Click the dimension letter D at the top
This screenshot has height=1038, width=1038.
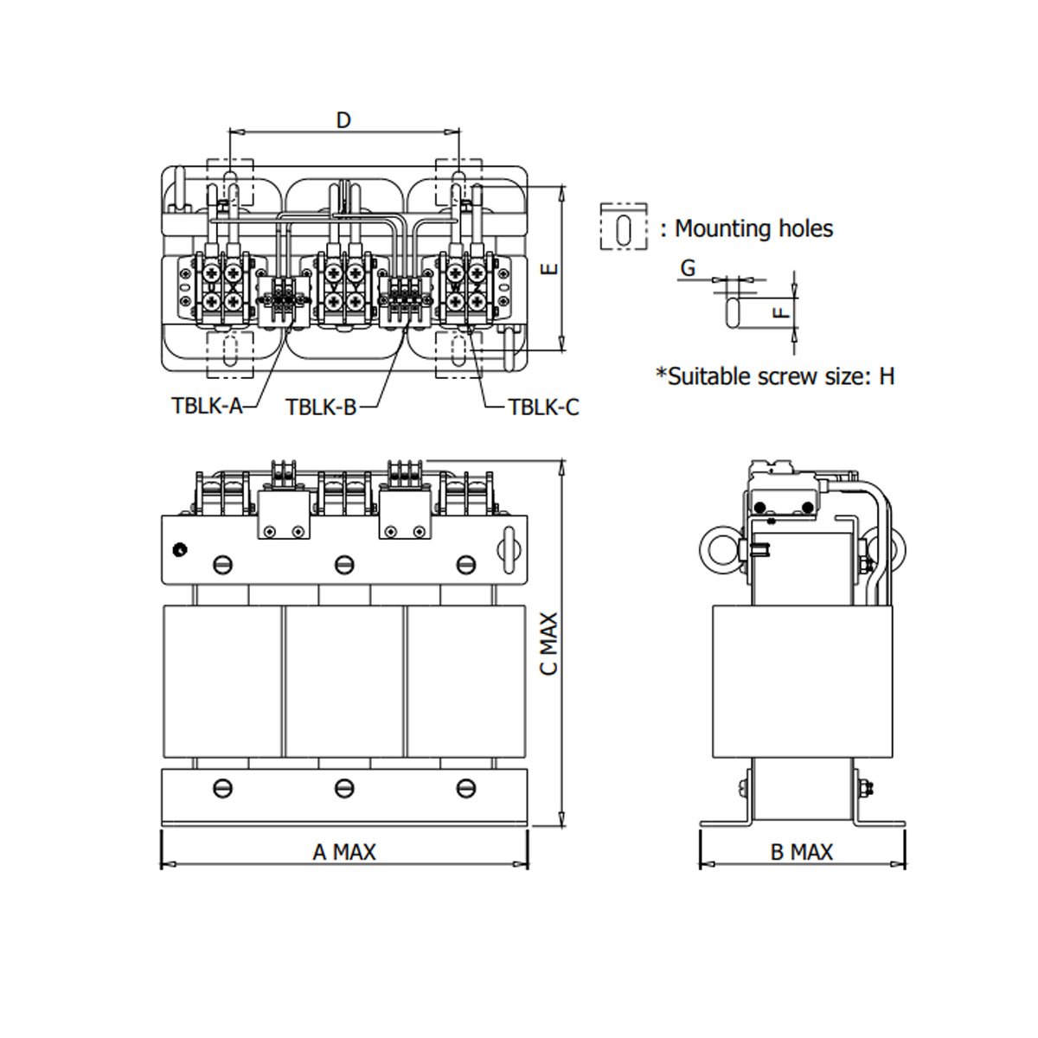[343, 119]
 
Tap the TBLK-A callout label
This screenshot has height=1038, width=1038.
[207, 406]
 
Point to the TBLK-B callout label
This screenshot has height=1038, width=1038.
[321, 407]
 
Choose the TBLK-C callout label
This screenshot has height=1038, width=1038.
[543, 407]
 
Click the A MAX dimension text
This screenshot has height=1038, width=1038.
[344, 852]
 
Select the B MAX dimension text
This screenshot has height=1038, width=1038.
[801, 852]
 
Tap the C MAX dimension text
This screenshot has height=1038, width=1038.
[549, 644]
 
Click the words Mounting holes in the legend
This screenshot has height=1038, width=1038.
[753, 229]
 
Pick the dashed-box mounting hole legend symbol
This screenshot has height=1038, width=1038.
[623, 228]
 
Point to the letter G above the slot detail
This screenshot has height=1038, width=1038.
[688, 267]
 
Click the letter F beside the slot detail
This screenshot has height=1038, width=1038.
[781, 310]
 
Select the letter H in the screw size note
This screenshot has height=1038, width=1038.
[887, 376]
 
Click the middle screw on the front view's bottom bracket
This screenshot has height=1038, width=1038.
[344, 788]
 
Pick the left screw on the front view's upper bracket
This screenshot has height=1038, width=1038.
[223, 566]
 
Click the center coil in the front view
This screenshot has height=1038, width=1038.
[344, 679]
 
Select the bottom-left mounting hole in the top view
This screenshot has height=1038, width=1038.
[230, 354]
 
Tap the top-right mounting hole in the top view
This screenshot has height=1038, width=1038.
[458, 183]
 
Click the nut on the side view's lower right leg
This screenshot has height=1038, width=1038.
[868, 788]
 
